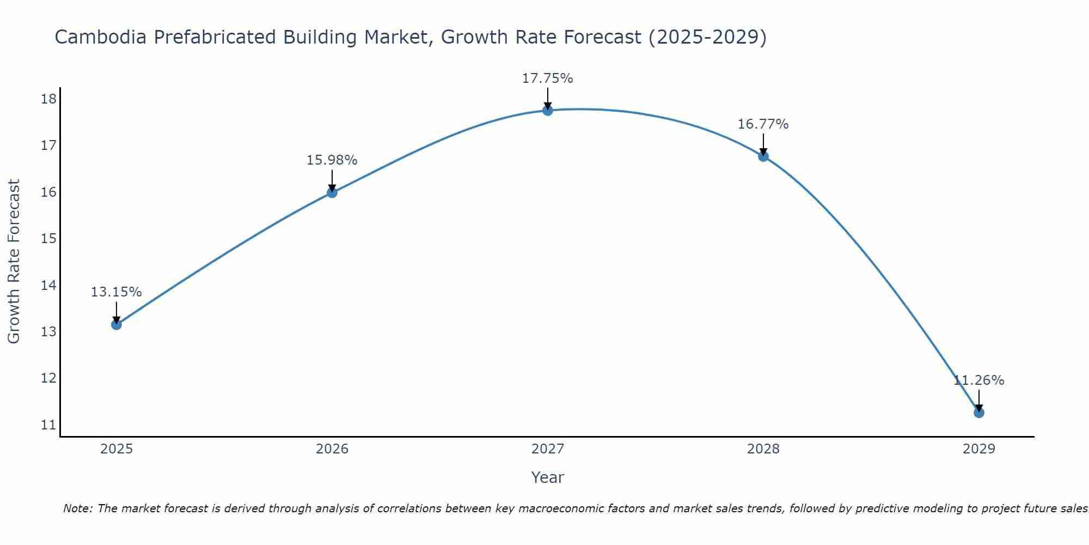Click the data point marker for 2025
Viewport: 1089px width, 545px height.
tap(116, 325)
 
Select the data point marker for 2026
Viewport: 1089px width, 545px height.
tap(332, 192)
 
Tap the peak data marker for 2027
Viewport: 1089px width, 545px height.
tap(547, 111)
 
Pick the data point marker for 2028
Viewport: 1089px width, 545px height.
tap(763, 156)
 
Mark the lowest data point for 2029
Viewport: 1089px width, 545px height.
tap(978, 413)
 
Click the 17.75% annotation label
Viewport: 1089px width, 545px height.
tap(547, 78)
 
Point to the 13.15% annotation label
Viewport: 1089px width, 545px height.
tap(116, 292)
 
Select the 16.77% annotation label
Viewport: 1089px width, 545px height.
tap(763, 124)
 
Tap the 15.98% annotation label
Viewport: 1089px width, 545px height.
tap(332, 160)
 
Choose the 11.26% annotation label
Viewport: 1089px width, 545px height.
tap(978, 380)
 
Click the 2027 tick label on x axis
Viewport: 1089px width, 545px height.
tap(547, 449)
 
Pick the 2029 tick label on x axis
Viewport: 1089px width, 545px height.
tap(978, 449)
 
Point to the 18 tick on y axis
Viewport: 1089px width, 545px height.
tap(48, 99)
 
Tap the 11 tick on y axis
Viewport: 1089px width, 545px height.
tap(48, 425)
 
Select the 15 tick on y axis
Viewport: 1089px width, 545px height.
tap(48, 239)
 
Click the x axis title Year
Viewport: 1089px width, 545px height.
tap(547, 477)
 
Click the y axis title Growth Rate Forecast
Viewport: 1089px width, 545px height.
tap(14, 262)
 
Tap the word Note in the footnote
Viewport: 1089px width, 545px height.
tap(78, 508)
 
